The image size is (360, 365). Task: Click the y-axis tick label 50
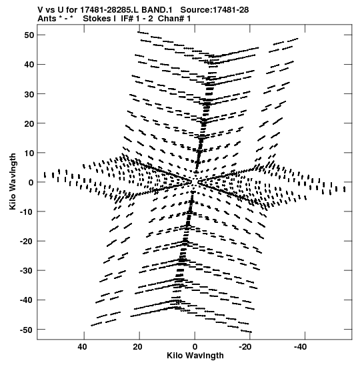[x=29, y=35]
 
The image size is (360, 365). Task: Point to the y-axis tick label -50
[x=27, y=330]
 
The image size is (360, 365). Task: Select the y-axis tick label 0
[x=31, y=183]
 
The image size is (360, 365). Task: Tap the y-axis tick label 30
[x=29, y=94]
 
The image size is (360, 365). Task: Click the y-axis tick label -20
[x=27, y=242]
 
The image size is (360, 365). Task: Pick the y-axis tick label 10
[x=29, y=153]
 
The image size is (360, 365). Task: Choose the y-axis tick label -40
[x=27, y=300]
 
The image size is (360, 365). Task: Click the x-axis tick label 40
[x=83, y=347]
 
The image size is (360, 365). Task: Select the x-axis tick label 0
[x=195, y=347]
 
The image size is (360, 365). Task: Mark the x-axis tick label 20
[x=138, y=347]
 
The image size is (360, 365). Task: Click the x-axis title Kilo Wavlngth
[x=195, y=356]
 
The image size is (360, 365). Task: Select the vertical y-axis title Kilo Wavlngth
[x=13, y=181]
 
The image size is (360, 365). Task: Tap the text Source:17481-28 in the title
[x=215, y=10]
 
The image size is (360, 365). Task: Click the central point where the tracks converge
[x=195, y=182]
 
